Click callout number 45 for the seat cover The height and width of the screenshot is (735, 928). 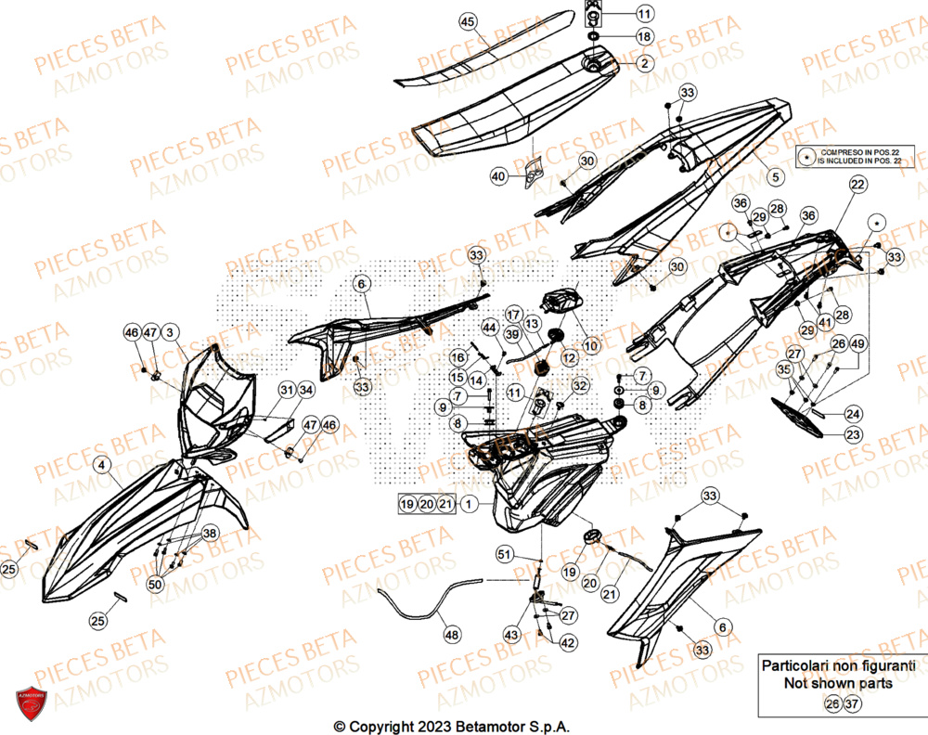[x=467, y=21]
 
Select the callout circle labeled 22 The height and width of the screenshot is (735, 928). [x=857, y=186]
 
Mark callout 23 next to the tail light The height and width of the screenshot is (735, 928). [x=851, y=433]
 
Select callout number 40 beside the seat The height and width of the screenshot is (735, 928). [x=499, y=175]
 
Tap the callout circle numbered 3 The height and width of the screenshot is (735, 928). [x=171, y=331]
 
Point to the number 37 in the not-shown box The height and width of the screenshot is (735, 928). [x=850, y=704]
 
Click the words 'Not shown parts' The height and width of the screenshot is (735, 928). [x=838, y=684]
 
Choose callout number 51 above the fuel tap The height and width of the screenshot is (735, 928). [x=504, y=555]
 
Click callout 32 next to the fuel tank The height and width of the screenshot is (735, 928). [x=579, y=385]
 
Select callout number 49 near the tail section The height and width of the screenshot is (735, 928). [x=857, y=344]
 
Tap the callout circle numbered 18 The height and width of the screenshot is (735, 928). [x=644, y=36]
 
